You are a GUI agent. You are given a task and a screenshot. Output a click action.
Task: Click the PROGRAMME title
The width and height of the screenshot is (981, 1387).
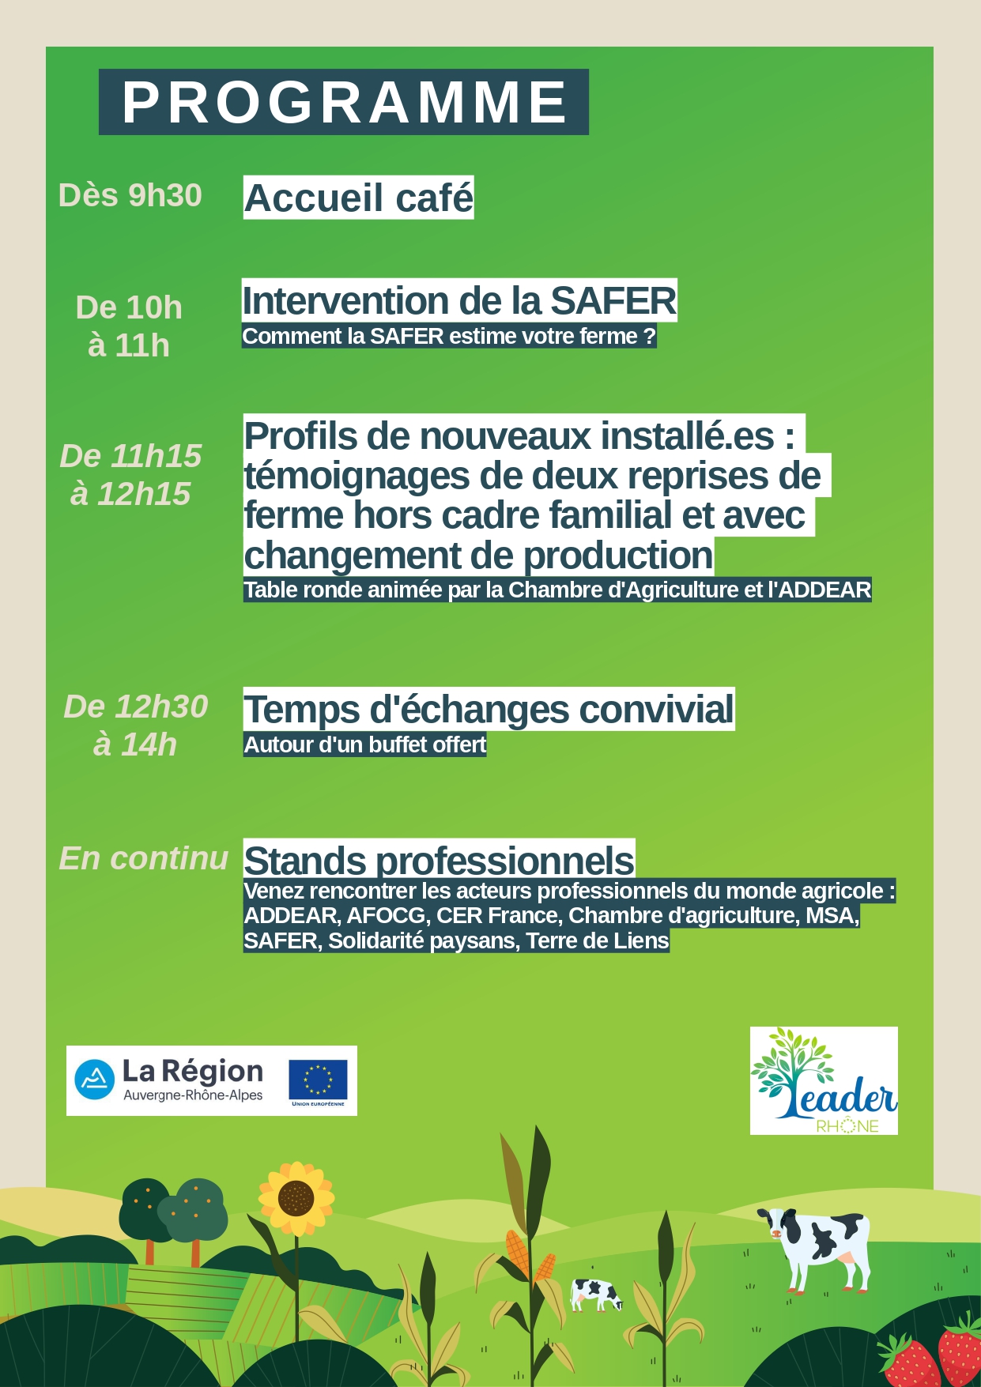tap(344, 102)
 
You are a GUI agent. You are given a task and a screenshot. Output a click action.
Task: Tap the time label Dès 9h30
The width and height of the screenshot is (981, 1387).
tap(130, 195)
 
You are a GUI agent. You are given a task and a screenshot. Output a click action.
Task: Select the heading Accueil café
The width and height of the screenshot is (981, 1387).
tap(358, 198)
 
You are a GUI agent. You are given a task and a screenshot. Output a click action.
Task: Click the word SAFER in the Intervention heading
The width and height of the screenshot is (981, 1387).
tap(613, 301)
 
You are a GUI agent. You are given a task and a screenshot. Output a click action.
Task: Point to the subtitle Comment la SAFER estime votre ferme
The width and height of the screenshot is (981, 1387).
tap(448, 337)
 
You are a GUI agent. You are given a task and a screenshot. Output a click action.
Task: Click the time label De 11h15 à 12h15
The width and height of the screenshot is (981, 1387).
tap(130, 475)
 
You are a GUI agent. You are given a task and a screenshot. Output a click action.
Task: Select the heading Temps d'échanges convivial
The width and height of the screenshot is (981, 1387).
tap(489, 709)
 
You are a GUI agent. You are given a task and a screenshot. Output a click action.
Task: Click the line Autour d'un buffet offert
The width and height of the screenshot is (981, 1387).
tap(364, 745)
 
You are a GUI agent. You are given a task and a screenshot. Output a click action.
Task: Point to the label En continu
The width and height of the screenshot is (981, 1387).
tap(143, 858)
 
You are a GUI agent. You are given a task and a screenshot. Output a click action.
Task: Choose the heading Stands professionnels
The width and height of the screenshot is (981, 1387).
tap(439, 860)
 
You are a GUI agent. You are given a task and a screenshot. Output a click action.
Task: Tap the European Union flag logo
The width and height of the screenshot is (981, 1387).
tap(318, 1080)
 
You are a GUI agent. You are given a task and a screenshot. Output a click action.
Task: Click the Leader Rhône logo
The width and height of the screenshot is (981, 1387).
tap(824, 1080)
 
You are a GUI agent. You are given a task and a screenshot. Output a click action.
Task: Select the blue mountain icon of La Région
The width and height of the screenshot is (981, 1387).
tap(95, 1080)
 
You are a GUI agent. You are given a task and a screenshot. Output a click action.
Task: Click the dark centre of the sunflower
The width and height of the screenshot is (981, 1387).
tap(296, 1199)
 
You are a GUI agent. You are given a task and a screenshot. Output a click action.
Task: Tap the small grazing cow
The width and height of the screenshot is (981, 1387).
tap(596, 1295)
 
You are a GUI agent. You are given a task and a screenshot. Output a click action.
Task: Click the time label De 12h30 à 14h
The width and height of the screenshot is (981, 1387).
tap(135, 726)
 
